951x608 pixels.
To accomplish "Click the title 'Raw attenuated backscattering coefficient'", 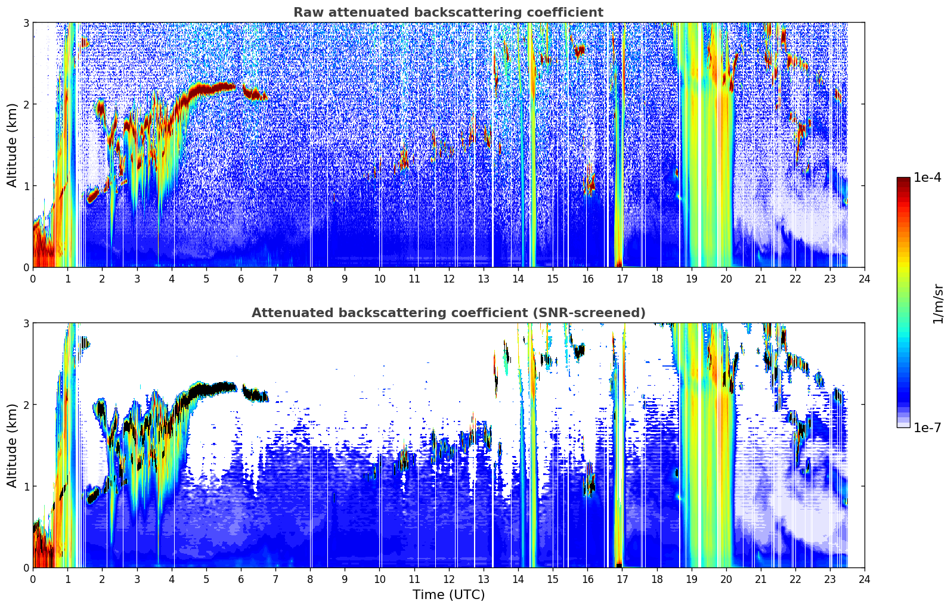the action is tap(448, 13).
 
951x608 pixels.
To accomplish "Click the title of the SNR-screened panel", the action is tap(448, 313).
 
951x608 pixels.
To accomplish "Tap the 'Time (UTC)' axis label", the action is tap(448, 594).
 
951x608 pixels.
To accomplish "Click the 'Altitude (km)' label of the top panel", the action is tap(12, 145).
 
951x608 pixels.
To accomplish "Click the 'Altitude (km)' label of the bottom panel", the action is tap(12, 445).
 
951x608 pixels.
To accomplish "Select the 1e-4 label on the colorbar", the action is tap(928, 178).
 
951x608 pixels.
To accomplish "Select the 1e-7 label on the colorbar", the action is tap(928, 427).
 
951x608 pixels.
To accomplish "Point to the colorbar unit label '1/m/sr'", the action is tap(938, 304).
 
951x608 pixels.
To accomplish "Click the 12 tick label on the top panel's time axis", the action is tap(449, 279).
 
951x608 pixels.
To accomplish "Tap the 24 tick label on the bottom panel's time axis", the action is tap(865, 579).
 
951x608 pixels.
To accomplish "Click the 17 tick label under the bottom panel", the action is tap(622, 579).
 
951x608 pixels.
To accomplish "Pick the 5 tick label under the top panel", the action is tap(206, 279).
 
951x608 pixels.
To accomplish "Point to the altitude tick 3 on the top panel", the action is tap(26, 23).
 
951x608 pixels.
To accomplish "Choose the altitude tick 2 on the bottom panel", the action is tap(26, 405).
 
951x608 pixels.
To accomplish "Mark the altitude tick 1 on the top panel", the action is tap(26, 186).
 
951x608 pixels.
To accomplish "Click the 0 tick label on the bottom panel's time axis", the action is tap(33, 579).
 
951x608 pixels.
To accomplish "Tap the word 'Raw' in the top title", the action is tap(309, 13).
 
